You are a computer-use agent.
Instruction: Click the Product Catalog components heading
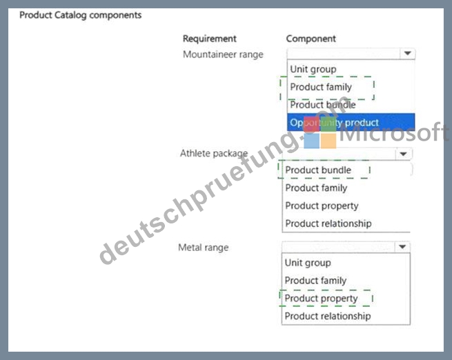pos(81,15)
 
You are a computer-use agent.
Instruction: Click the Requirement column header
pos(210,39)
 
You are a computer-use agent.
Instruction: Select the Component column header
pos(311,39)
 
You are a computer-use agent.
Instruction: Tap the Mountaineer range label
pos(223,54)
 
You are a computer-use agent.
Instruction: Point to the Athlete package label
pos(214,154)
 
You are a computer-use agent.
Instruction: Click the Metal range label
pos(204,248)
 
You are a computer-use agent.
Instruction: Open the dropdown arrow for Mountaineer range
pos(407,53)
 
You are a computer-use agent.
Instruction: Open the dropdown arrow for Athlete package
pos(403,154)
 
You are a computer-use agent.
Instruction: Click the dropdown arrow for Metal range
pos(402,247)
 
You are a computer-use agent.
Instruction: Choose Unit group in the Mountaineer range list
pos(313,70)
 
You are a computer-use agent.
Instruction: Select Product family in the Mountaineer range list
pos(321,87)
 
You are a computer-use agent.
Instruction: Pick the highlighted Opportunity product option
pos(334,123)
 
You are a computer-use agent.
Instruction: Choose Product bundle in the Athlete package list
pos(318,170)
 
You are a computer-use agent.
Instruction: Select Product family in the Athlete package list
pos(316,188)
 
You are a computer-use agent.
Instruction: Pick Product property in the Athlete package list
pos(322,206)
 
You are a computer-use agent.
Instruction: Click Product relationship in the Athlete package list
pos(328,223)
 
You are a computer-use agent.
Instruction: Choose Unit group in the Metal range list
pos(308,263)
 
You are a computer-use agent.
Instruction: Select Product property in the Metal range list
pos(321,299)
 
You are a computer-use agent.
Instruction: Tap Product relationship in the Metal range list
pos(328,317)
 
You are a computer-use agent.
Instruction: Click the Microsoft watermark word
pos(394,132)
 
